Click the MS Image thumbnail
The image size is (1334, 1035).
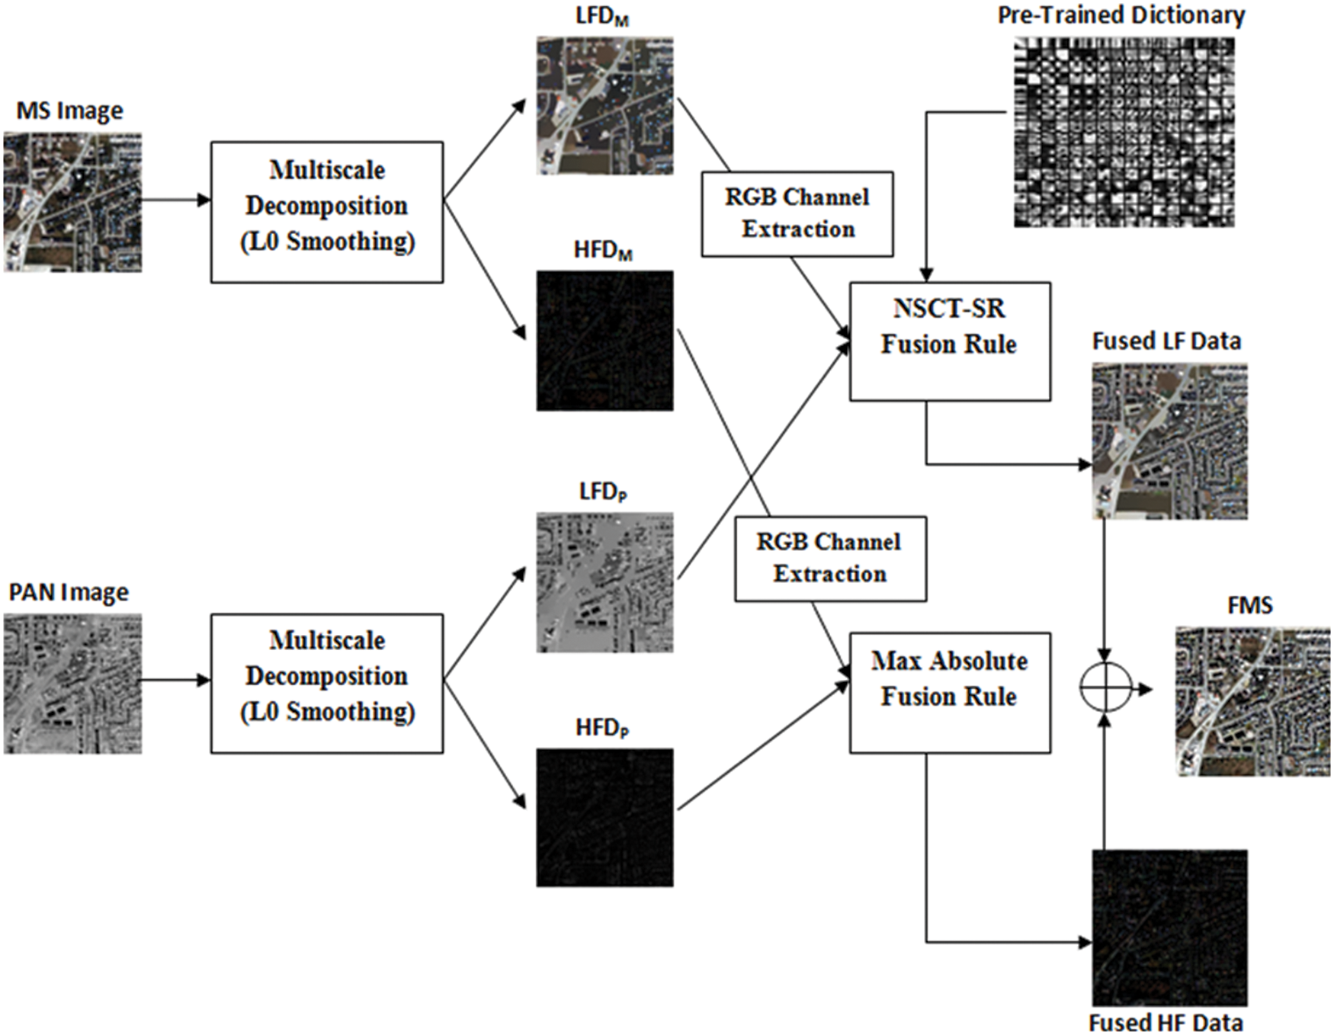72,202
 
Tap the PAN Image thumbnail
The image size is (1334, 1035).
72,684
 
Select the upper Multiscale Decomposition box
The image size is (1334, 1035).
327,212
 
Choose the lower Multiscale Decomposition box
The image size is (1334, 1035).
327,684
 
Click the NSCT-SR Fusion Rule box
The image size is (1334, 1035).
950,341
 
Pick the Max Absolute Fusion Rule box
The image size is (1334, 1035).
950,693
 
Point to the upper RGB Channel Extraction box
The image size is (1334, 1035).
797,213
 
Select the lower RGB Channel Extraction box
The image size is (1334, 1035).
830,559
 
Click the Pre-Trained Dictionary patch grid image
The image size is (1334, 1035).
1124,132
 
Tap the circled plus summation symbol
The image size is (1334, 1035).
1105,688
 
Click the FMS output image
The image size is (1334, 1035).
1252,701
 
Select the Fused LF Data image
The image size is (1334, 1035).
1169,441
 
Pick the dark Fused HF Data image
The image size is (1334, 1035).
1169,928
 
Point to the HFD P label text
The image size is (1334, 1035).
602,729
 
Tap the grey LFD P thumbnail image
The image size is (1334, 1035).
604,582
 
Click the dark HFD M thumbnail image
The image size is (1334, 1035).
604,341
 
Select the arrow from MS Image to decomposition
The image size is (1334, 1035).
176,200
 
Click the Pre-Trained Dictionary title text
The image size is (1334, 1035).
1121,15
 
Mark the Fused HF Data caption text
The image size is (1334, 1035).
1166,1022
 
